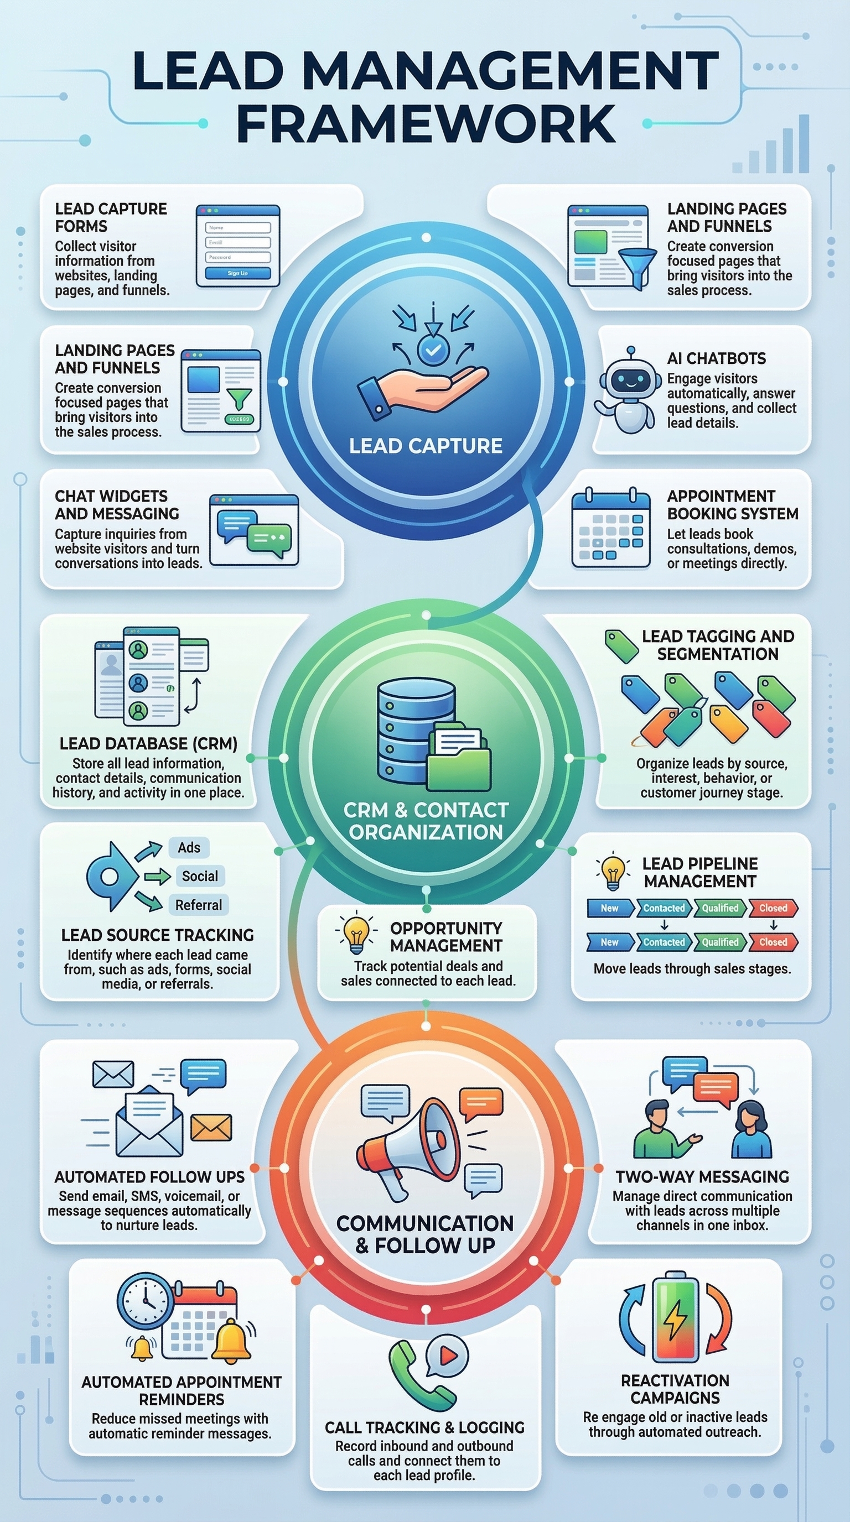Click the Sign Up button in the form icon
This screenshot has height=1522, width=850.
pyautogui.click(x=237, y=273)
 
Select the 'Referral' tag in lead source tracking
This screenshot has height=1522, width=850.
pyautogui.click(x=198, y=905)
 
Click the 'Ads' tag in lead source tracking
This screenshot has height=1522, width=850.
pyautogui.click(x=189, y=847)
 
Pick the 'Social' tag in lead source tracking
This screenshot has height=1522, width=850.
pyautogui.click(x=199, y=875)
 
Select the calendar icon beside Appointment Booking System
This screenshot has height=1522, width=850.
pyautogui.click(x=610, y=529)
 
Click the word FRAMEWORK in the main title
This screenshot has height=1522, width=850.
pyautogui.click(x=426, y=123)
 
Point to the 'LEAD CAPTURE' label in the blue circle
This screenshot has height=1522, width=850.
pyautogui.click(x=426, y=446)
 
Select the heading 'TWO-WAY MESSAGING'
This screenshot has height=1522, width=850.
pyautogui.click(x=702, y=1176)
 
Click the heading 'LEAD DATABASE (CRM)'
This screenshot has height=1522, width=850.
pyautogui.click(x=148, y=743)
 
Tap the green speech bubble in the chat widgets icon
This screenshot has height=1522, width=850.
pyautogui.click(x=269, y=538)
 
